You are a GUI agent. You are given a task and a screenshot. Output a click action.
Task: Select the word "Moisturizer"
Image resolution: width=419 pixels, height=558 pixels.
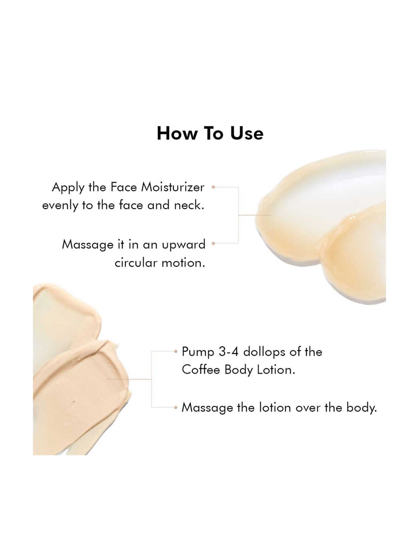tap(173, 187)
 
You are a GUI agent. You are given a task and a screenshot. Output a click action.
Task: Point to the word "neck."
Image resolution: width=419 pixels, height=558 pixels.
tap(189, 205)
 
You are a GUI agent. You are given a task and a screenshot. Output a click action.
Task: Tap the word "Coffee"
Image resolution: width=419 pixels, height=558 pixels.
tap(201, 370)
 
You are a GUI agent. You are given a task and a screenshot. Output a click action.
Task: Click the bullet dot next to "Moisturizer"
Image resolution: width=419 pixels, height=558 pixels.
tap(213, 187)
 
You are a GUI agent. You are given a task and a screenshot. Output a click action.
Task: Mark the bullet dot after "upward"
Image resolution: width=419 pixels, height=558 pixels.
tap(213, 244)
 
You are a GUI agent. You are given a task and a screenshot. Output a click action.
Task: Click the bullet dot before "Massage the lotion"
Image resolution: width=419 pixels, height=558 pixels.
tap(176, 408)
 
